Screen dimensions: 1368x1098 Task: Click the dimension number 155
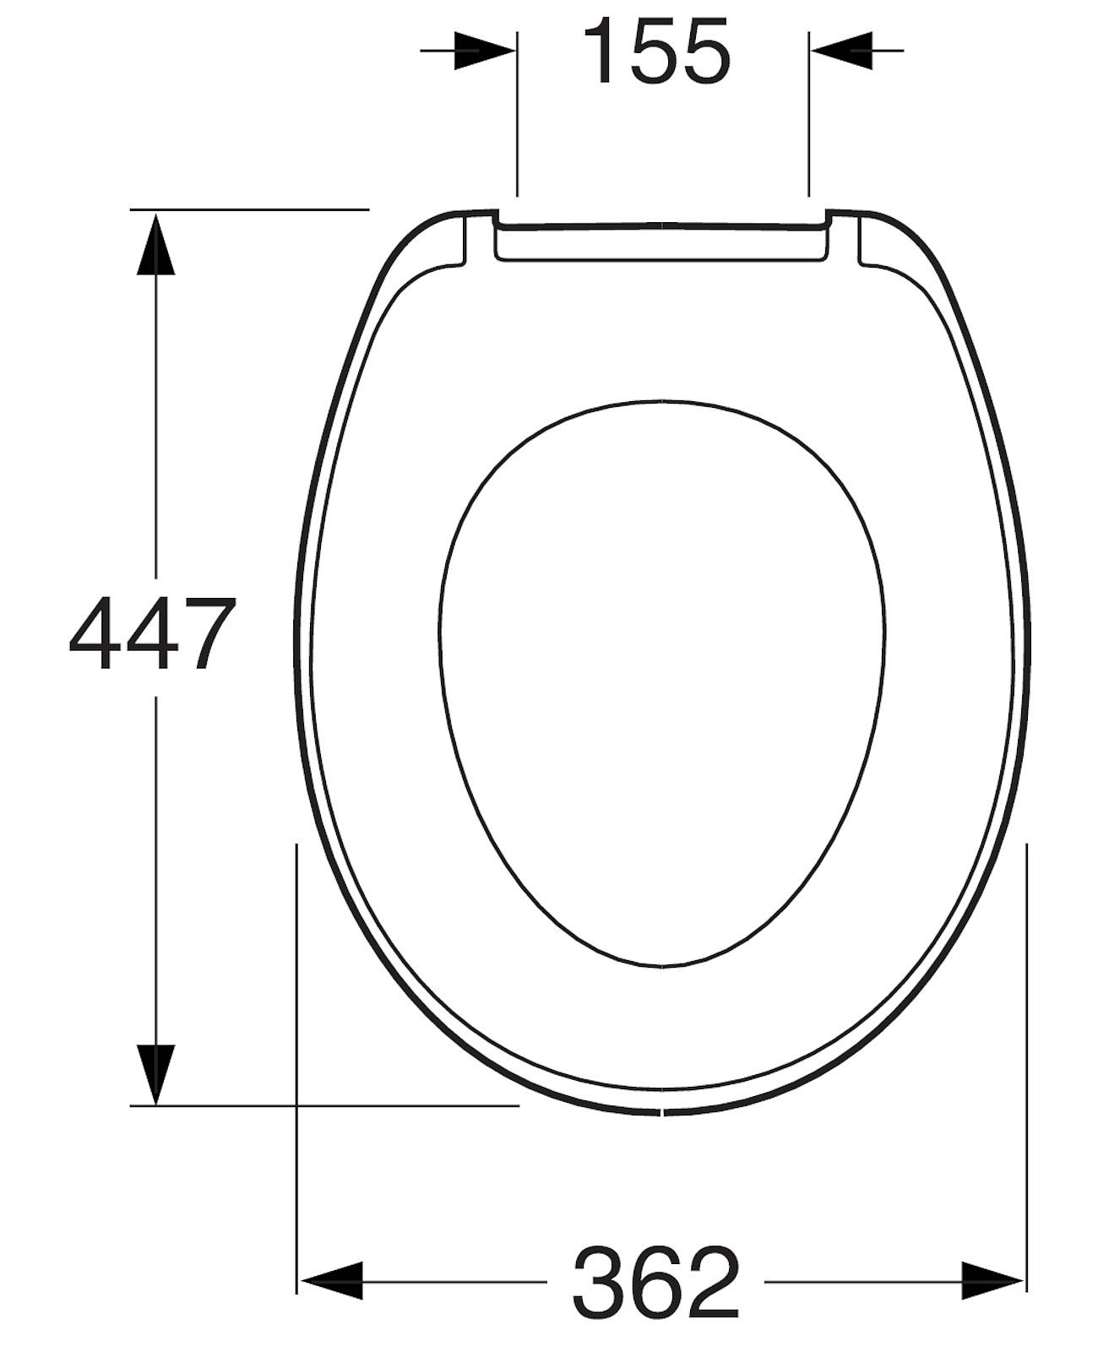(657, 52)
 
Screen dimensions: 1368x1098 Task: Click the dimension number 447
(152, 633)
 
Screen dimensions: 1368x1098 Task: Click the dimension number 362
(656, 1281)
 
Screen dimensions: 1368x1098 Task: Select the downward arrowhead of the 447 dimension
(155, 1072)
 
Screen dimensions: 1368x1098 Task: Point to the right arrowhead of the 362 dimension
(993, 1281)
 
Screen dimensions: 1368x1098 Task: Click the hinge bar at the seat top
(661, 242)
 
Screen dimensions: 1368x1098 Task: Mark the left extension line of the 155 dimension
(517, 118)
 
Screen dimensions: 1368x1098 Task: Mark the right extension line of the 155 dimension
(809, 118)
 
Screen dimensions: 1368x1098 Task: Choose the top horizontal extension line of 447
(253, 208)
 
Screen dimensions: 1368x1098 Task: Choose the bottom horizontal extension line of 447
(338, 1105)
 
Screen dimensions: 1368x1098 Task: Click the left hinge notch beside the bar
(478, 241)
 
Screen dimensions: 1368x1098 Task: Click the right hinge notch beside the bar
(845, 241)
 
